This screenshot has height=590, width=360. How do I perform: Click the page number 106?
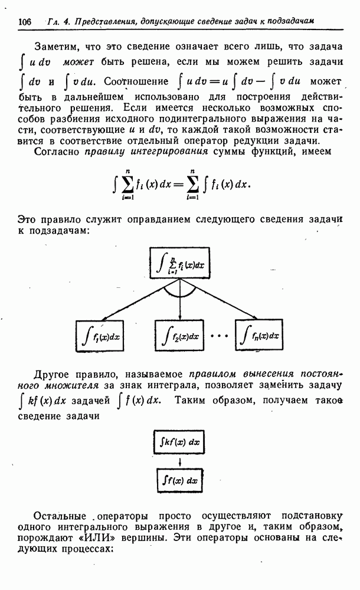coord(24,21)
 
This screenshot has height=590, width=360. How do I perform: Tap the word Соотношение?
coord(136,81)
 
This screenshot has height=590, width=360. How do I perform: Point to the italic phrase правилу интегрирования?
coord(146,152)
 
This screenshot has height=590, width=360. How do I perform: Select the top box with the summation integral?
coord(179,263)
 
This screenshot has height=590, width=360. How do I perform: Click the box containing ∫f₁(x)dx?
coord(100,336)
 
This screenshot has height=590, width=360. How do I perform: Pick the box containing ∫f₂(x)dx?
coord(179,335)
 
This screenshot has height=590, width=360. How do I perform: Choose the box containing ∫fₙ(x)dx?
coord(259,335)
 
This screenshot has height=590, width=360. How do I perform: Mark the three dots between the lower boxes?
coord(219,336)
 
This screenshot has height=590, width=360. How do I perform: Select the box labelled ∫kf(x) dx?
coord(179,442)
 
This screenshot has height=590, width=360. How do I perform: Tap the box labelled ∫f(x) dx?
coord(179,480)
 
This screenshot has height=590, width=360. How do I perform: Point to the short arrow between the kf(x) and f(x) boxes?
coord(180,461)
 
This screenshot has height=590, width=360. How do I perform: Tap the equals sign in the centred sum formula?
coord(178,185)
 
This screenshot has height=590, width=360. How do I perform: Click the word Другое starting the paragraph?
coord(51,375)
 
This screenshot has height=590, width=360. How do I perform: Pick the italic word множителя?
coord(71,386)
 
